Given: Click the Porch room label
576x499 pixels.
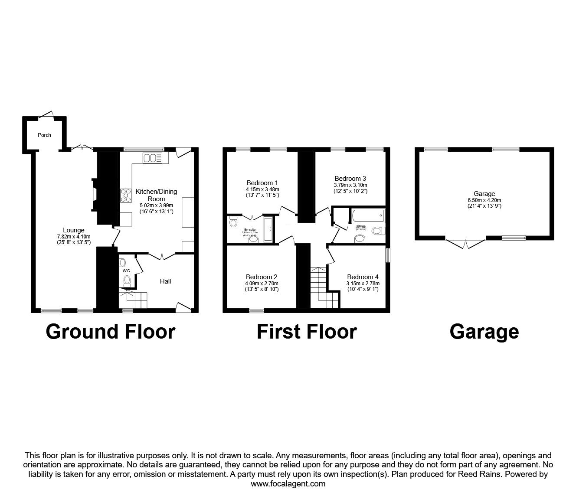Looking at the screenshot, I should tap(44, 135).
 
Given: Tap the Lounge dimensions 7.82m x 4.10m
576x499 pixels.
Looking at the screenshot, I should tap(74, 236).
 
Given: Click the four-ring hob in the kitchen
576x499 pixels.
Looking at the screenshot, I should tap(126, 195).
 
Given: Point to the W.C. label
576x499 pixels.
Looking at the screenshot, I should tap(127, 271).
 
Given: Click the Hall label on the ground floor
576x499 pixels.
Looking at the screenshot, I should tap(165, 281).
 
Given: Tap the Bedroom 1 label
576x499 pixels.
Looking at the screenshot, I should tap(262, 183).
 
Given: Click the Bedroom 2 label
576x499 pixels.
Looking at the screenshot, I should tap(261, 277).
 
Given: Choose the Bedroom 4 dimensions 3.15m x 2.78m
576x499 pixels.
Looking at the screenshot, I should tap(363, 284).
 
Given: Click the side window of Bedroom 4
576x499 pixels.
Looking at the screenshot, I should tap(387, 254).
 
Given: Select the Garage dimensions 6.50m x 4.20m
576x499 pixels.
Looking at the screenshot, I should tap(484, 200).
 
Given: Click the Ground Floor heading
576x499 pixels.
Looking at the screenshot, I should tap(110, 332).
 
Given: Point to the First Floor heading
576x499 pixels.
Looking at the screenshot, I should tap(306, 332).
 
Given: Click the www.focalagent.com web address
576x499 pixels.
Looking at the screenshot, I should tap(288, 484).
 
